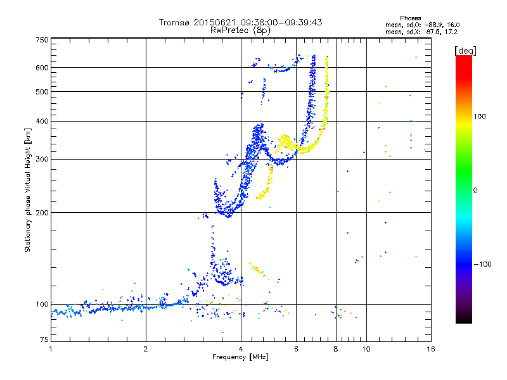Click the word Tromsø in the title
[x=175, y=23]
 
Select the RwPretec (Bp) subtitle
[x=240, y=30]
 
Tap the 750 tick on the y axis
[x=42, y=40]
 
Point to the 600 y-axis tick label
[x=42, y=67]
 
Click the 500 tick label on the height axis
[x=42, y=91]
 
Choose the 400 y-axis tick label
[x=42, y=121]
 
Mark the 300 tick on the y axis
[x=42, y=159]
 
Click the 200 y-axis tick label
[x=42, y=212]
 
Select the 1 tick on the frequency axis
[x=51, y=349]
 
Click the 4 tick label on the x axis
[x=241, y=349]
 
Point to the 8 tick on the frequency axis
[x=336, y=349]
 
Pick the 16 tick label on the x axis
[x=430, y=349]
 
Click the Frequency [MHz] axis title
[x=240, y=358]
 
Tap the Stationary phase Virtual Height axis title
[x=28, y=190]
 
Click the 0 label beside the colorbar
[x=475, y=190]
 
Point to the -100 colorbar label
[x=483, y=264]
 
